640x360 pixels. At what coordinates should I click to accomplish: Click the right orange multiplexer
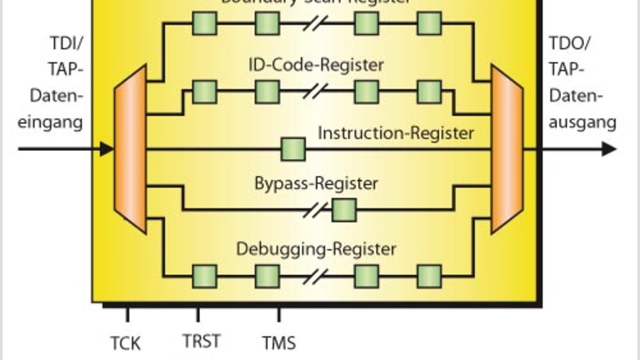click(x=507, y=149)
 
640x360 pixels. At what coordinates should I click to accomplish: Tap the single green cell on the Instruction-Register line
click(x=293, y=149)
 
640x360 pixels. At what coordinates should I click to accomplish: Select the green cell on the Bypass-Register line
click(x=344, y=210)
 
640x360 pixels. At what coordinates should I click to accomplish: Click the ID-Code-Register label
click(x=317, y=65)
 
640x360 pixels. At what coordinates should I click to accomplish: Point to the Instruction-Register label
click(x=395, y=132)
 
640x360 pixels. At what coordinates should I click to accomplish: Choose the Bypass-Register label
click(x=317, y=183)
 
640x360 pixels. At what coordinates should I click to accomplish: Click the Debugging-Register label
click(x=316, y=249)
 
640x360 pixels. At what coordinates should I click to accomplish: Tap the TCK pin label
click(x=126, y=343)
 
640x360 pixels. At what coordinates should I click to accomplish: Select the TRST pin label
click(x=201, y=341)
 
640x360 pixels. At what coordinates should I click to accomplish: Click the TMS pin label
click(x=279, y=343)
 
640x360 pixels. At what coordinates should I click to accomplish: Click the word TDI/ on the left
click(x=65, y=44)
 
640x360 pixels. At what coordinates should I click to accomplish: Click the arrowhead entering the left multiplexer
click(x=106, y=149)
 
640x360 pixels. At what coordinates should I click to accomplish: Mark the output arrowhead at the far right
click(x=609, y=149)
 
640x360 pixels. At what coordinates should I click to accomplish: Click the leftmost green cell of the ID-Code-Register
click(x=205, y=91)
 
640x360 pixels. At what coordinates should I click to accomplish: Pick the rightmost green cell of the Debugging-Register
click(x=429, y=276)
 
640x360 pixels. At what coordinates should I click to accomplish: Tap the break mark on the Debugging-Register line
click(x=316, y=276)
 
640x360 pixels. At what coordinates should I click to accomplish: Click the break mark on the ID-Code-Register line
click(x=316, y=91)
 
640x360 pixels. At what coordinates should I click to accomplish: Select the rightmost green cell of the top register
click(x=429, y=24)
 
